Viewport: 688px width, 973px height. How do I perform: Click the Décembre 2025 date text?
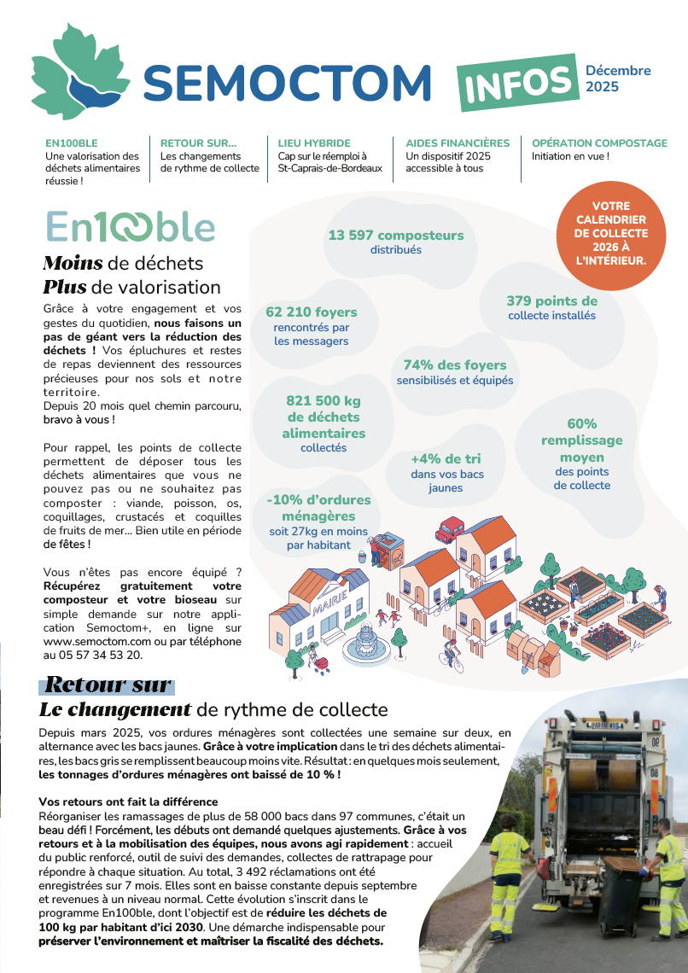[618, 79]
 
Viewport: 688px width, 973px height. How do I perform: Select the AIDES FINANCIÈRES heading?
[458, 143]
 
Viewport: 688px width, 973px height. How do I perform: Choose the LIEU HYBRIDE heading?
[314, 143]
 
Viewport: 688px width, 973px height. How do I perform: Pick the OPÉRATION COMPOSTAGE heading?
[599, 143]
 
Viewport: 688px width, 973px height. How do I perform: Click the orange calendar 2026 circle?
[610, 233]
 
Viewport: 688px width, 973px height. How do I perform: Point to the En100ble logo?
[130, 227]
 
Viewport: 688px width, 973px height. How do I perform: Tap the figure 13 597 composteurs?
[396, 236]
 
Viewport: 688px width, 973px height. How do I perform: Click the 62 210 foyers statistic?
[312, 312]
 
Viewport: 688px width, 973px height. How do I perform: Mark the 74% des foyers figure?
[455, 365]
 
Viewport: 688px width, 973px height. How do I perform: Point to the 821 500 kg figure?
[324, 400]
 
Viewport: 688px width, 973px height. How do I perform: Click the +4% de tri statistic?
[446, 458]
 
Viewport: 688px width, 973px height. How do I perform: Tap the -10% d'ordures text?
[318, 500]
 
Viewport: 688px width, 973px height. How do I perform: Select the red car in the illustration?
[449, 530]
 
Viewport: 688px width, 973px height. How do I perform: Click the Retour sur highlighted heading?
[108, 685]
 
